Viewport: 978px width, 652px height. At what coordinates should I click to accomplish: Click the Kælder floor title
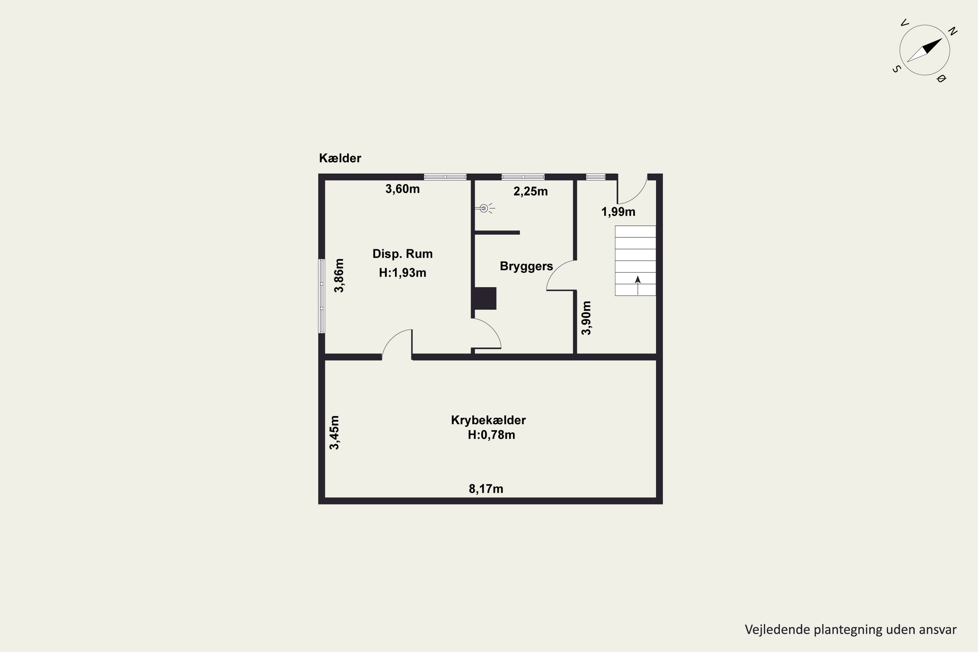[340, 158]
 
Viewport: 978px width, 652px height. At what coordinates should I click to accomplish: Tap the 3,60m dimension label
[403, 189]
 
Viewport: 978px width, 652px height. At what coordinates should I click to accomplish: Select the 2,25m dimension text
[531, 192]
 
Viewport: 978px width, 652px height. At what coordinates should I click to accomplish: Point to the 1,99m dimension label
[618, 212]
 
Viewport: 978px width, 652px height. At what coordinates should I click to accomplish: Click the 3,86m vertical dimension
[339, 276]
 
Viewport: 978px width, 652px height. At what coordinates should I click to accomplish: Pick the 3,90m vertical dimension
[586, 318]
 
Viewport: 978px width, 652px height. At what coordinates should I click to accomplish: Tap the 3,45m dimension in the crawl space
[334, 433]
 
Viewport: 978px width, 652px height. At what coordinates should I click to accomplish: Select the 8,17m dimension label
[486, 489]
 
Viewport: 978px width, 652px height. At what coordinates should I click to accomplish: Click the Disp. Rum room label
[403, 254]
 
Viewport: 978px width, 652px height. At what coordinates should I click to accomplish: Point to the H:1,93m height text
[403, 273]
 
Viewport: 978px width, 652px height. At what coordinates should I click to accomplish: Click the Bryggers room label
[526, 266]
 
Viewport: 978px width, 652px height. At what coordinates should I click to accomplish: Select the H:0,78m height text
[492, 435]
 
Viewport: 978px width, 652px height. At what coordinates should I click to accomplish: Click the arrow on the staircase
[638, 285]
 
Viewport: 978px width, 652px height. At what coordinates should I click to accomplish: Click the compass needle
[924, 50]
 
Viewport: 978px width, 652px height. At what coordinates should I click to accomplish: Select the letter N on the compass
[953, 32]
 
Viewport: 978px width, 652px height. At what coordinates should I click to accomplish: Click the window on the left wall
[321, 296]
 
